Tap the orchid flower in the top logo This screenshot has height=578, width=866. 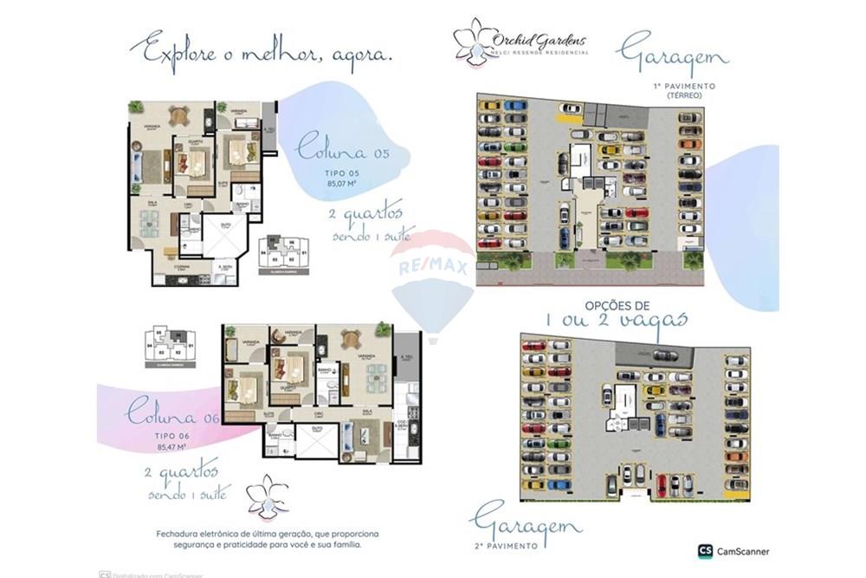pos(471,41)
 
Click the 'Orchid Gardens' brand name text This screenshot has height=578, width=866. pos(539,40)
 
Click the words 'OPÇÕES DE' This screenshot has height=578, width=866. pos(617,306)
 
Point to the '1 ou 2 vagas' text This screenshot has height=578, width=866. pos(617,321)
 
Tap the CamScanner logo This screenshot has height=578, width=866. pos(733,550)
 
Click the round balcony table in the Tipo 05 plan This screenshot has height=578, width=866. pos(178,115)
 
